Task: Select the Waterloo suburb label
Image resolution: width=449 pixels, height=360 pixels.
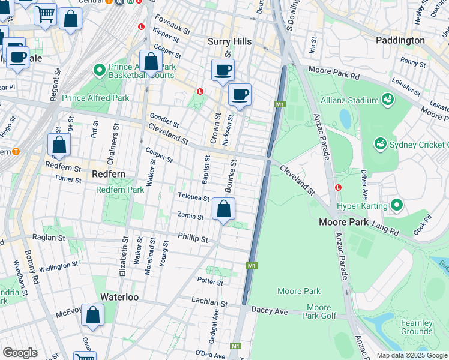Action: [119, 297]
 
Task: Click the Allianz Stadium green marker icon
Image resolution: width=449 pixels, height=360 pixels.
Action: [388, 98]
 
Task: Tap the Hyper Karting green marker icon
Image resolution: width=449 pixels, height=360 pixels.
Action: [396, 205]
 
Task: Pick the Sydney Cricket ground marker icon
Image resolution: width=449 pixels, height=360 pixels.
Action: [380, 144]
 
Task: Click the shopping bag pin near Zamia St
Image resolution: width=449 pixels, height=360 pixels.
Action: [224, 209]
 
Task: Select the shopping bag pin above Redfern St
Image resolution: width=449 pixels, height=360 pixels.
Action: [59, 145]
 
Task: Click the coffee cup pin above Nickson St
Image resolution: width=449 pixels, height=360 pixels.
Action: [240, 94]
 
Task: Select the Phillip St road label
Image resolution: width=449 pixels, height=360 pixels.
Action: [193, 238]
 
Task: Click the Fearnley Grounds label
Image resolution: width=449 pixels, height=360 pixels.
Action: [417, 327]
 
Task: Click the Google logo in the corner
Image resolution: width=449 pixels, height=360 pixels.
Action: [20, 353]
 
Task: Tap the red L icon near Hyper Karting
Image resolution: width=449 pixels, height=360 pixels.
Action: [339, 187]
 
